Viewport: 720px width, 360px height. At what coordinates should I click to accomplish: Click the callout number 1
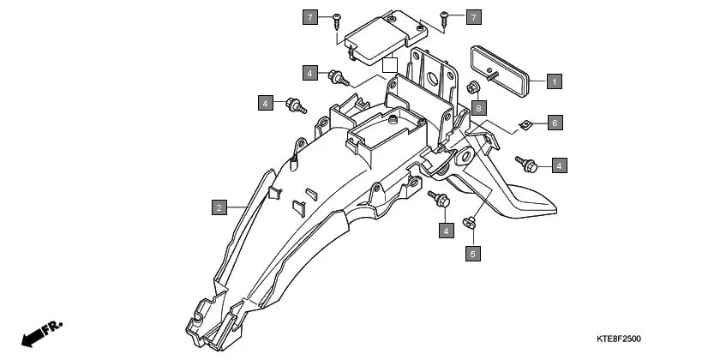(x=555, y=81)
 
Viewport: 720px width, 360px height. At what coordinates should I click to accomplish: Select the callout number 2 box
(x=219, y=207)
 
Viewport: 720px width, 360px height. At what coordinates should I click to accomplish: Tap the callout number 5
(x=472, y=253)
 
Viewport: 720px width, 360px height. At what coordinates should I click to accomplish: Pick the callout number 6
(x=555, y=123)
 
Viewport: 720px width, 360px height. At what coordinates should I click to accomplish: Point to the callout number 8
(x=478, y=108)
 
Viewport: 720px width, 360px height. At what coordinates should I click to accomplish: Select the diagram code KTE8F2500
(x=619, y=339)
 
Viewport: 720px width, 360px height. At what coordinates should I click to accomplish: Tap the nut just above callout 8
(x=472, y=87)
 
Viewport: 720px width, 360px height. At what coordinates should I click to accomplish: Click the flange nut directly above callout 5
(x=470, y=224)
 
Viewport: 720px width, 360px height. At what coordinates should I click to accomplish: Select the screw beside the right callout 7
(x=445, y=16)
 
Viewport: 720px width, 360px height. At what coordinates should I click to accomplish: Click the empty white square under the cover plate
(x=390, y=64)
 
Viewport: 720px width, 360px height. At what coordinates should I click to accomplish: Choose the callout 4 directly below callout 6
(x=559, y=165)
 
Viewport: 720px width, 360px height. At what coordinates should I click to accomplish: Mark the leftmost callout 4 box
(x=266, y=103)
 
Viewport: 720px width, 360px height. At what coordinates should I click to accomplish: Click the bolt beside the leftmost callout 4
(x=296, y=106)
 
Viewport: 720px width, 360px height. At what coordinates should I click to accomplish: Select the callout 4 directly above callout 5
(x=446, y=229)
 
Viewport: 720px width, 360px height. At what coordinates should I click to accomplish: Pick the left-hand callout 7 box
(x=309, y=16)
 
